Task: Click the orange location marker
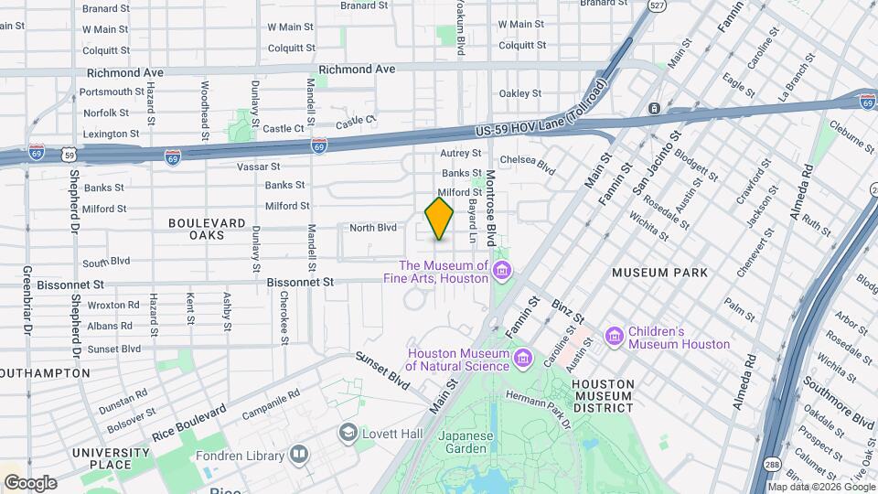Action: point(440,219)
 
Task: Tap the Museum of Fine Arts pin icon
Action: point(501,271)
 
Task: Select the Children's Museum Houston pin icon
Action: point(614,337)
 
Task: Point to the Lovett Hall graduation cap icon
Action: point(348,431)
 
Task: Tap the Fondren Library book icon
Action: point(298,454)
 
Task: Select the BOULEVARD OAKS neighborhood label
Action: point(207,229)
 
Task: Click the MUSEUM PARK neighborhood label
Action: point(660,273)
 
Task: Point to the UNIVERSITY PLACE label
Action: point(111,459)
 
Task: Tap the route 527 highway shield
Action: point(656,5)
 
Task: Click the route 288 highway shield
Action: point(773,464)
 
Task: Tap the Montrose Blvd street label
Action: point(490,208)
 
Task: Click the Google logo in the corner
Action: point(29,482)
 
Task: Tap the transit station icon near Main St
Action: point(654,109)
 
